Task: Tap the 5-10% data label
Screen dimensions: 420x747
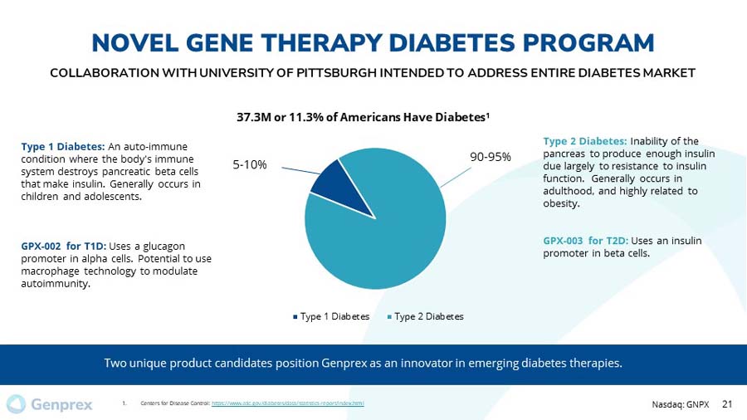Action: point(249,164)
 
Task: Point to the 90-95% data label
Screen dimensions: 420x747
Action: point(490,156)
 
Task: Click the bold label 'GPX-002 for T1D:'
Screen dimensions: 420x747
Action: point(63,247)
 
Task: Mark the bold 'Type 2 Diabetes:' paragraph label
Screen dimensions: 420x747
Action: point(585,140)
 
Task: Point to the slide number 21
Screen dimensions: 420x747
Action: point(728,404)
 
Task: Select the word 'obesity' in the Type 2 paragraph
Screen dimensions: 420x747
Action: point(561,203)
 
